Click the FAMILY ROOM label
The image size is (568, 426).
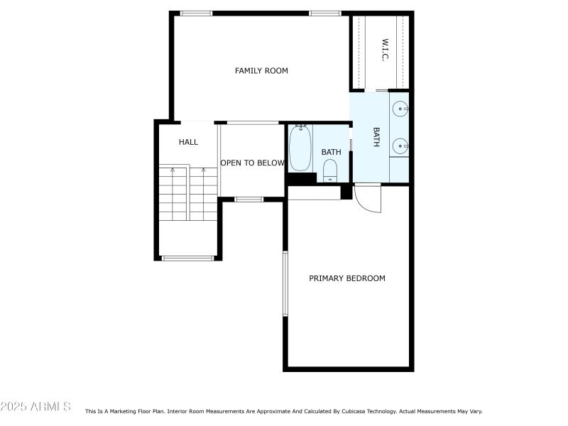(261, 70)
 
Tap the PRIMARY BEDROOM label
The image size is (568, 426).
(347, 278)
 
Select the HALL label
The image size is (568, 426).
(188, 142)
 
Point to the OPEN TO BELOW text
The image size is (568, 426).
(253, 163)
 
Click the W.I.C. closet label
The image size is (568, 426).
(385, 50)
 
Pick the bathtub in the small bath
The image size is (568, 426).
(300, 148)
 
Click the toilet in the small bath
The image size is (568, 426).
(330, 170)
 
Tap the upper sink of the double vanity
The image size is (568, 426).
(400, 109)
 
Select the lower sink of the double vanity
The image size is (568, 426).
(400, 146)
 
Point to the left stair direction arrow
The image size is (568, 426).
(173, 170)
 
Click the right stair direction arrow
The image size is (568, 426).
(204, 170)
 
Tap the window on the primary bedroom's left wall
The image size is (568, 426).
(285, 283)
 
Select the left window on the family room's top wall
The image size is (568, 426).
(196, 13)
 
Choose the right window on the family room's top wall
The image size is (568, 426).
(325, 13)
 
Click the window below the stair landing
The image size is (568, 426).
(187, 258)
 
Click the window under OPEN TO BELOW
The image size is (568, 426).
(249, 200)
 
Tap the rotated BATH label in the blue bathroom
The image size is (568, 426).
(376, 137)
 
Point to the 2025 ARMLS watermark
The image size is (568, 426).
(35, 406)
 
